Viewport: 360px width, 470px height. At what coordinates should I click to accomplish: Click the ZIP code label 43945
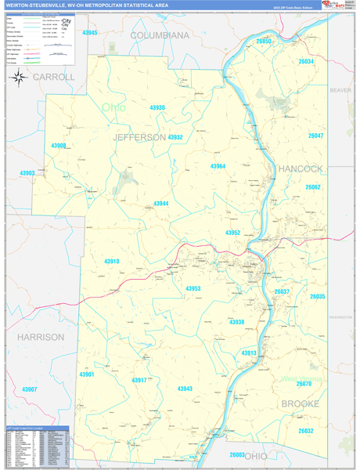90,33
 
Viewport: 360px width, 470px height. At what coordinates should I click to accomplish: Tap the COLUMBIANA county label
160,36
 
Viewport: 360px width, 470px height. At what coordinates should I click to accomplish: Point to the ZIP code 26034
305,61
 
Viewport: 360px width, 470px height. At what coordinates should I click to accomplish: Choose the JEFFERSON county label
140,137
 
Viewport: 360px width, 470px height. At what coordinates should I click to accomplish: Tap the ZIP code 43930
157,108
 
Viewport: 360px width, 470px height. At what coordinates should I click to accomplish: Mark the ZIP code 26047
315,136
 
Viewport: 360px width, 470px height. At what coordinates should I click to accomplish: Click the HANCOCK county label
301,168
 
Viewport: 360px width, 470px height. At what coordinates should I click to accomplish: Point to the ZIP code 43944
160,204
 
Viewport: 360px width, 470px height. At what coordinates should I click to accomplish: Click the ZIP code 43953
193,289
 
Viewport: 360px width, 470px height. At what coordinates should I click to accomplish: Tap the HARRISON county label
40,337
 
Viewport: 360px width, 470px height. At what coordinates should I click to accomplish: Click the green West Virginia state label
301,380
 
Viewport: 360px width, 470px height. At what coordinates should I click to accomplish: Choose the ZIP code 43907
30,389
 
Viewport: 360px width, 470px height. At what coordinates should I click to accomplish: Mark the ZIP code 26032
305,431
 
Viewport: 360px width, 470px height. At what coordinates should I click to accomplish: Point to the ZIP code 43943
185,389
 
